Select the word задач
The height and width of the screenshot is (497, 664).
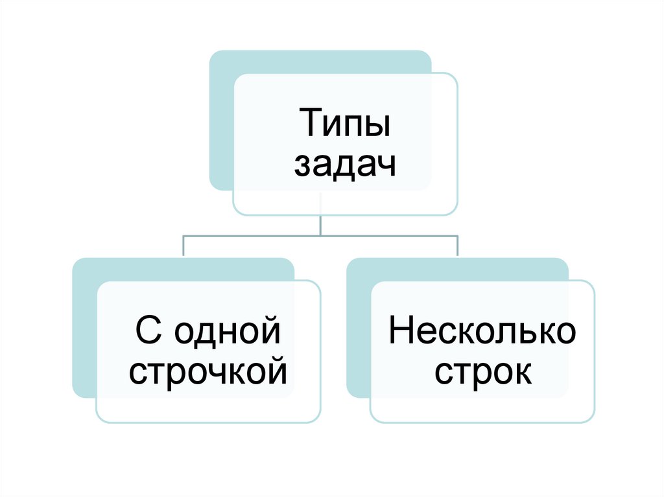pyautogui.click(x=344, y=167)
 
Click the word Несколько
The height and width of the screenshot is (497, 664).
pyautogui.click(x=482, y=331)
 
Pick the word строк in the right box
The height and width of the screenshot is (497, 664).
pyautogui.click(x=482, y=373)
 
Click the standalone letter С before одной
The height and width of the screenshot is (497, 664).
pyautogui.click(x=147, y=331)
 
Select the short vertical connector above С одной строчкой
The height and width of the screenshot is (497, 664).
pyautogui.click(x=184, y=246)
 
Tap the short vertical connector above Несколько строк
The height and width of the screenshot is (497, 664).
pyautogui.click(x=458, y=246)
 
